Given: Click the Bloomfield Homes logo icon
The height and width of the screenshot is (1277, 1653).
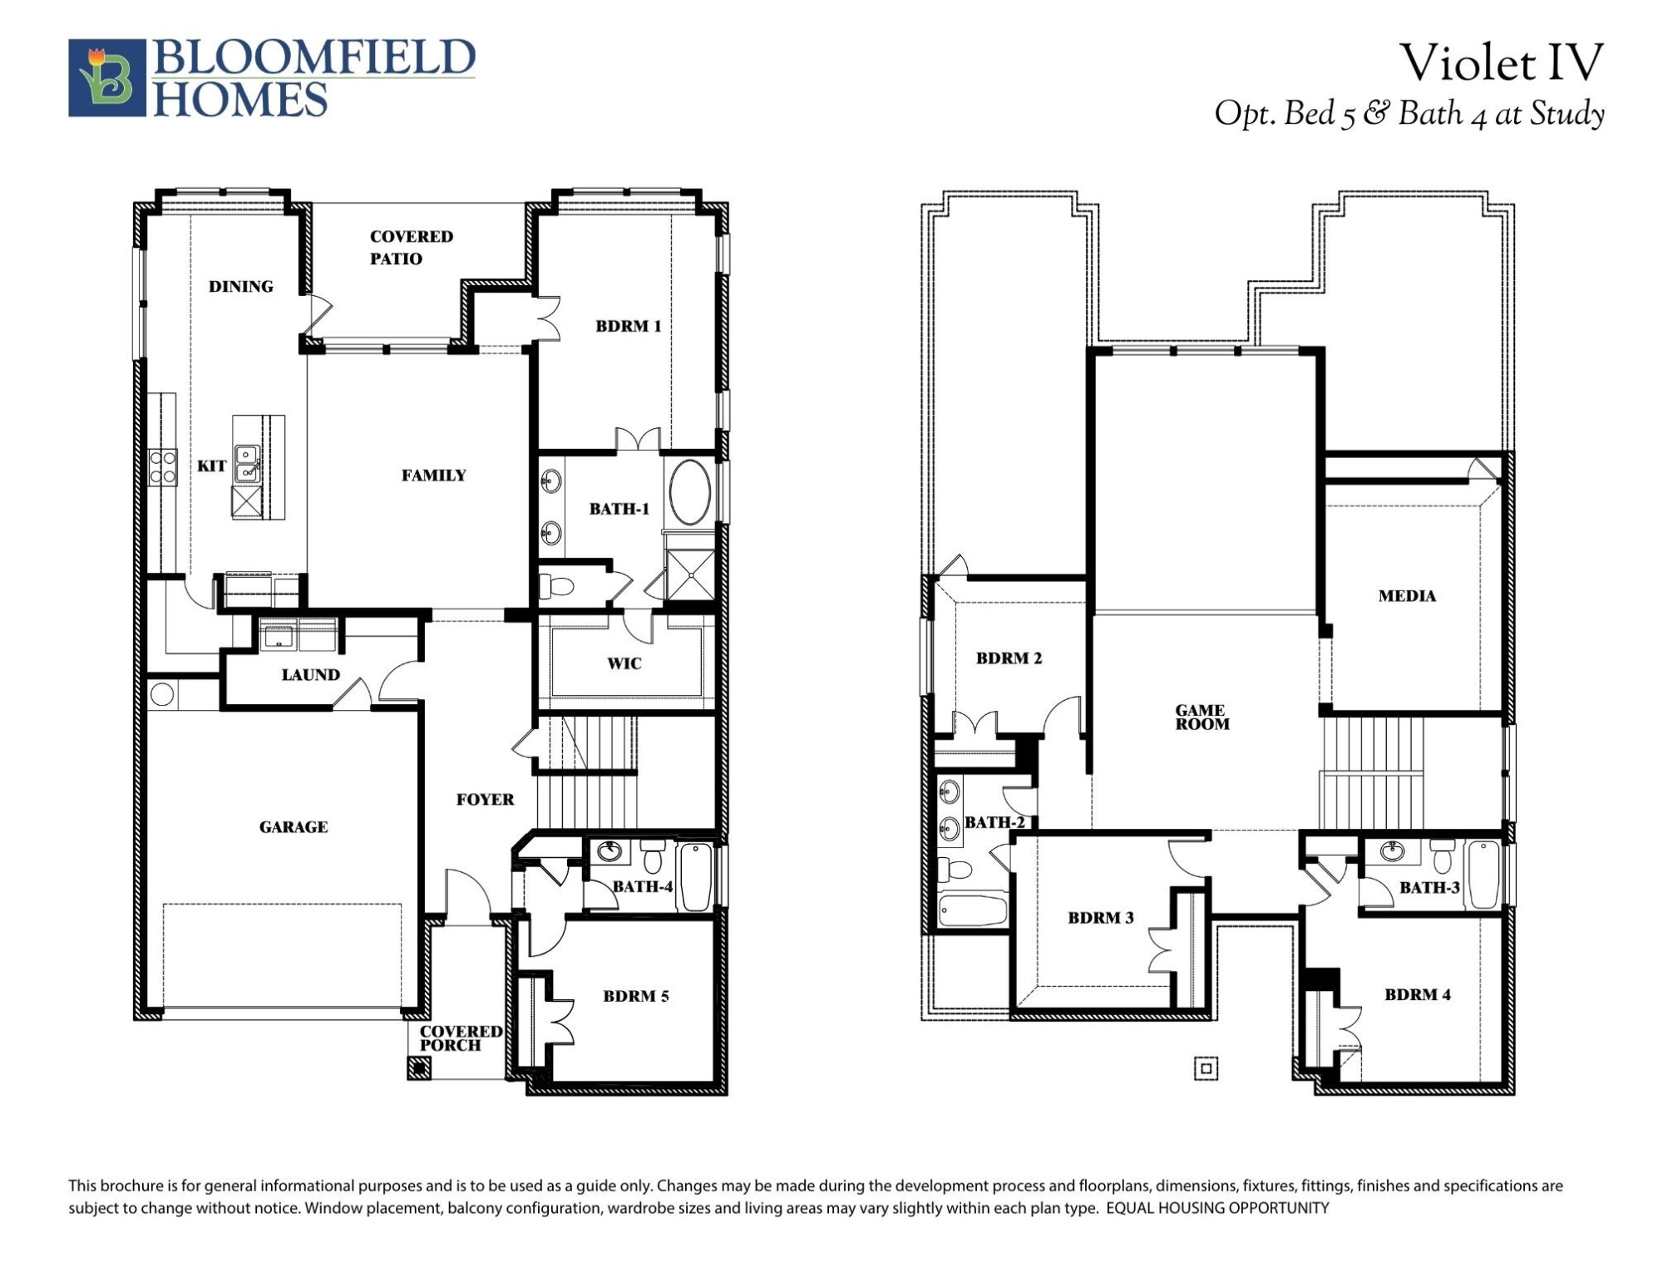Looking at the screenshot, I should tap(106, 77).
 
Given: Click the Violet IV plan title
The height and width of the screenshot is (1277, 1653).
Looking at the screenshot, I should tap(1500, 63).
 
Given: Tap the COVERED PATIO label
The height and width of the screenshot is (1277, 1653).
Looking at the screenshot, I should tap(411, 247).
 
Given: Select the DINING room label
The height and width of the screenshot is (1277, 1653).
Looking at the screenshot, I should tap(240, 287).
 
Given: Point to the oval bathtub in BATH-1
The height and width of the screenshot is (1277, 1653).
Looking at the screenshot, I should tap(690, 492).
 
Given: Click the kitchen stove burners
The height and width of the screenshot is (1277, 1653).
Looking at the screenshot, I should tap(162, 467).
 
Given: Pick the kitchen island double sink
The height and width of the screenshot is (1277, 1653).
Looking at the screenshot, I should tap(247, 464).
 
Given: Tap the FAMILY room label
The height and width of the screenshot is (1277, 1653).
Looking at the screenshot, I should tap(433, 476).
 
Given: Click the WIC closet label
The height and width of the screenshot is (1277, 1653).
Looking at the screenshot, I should tap(624, 663).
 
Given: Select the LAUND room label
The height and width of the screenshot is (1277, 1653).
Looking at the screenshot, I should tap(310, 675).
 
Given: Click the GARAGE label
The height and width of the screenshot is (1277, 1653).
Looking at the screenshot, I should tap(293, 827).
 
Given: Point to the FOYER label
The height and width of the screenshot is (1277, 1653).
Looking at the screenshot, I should tap(485, 800).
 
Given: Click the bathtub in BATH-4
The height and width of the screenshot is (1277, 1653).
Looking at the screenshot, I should tap(696, 877).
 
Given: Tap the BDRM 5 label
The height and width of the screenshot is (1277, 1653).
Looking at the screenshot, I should tap(635, 996).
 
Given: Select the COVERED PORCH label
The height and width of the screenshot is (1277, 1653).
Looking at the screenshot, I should tap(460, 1038).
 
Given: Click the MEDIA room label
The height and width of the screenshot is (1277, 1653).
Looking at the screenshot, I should tap(1406, 596).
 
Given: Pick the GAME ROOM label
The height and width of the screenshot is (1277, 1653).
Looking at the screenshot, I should tap(1201, 717).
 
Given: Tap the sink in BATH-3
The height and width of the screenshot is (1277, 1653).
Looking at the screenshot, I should tap(1392, 851).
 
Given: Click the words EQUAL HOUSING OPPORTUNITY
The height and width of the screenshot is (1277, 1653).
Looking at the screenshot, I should tap(1216, 1208).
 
